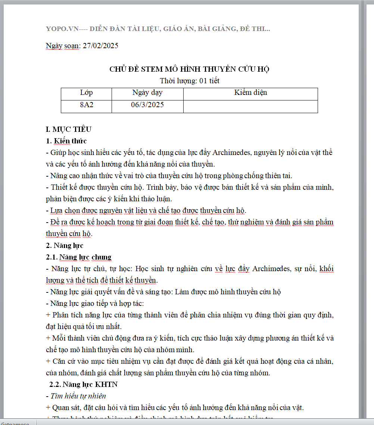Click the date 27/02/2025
click(x=100, y=46)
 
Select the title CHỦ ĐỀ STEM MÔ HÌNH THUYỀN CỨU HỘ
click(x=189, y=69)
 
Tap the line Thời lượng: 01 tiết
click(x=189, y=81)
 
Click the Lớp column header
click(x=86, y=93)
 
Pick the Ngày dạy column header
click(x=147, y=93)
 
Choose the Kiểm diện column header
click(x=250, y=93)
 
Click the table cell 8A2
click(x=86, y=105)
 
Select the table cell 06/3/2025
click(x=147, y=105)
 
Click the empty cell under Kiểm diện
click(x=250, y=106)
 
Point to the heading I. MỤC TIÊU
click(x=68, y=130)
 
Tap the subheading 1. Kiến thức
click(x=66, y=141)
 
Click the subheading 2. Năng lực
click(x=65, y=245)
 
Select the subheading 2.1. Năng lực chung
click(x=79, y=257)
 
